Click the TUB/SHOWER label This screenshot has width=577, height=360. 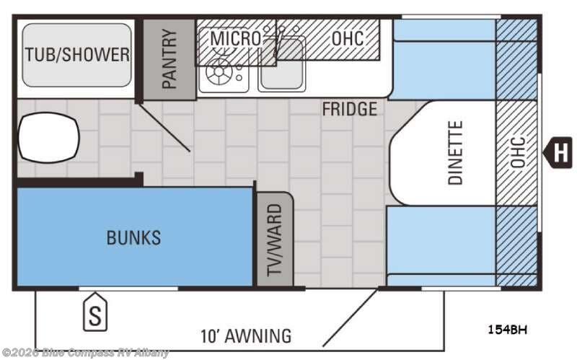pos(77,55)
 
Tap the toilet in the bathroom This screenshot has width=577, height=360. pos(48,138)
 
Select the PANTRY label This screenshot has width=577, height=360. pos(169,59)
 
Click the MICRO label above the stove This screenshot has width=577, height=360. pos(236,38)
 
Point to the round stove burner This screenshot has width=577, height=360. pos(219,71)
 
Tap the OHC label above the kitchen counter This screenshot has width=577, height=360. pos(348,38)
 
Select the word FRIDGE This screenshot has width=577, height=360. pos(350,109)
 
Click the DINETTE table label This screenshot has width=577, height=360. pos(455,153)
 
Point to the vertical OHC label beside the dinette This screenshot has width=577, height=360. pos(518,152)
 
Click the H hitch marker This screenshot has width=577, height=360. pos(558,152)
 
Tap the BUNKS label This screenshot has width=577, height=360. pos(133,237)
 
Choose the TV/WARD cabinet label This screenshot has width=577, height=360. pos(275,240)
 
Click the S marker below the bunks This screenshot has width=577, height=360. pos(95,312)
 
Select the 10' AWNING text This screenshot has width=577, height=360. pos(246,335)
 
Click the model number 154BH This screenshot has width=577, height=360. pos(507,330)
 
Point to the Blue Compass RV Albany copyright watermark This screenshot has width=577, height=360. pos(85,353)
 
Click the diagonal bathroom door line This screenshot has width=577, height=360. pos(164,128)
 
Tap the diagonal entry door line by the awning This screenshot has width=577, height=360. pos(351,317)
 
